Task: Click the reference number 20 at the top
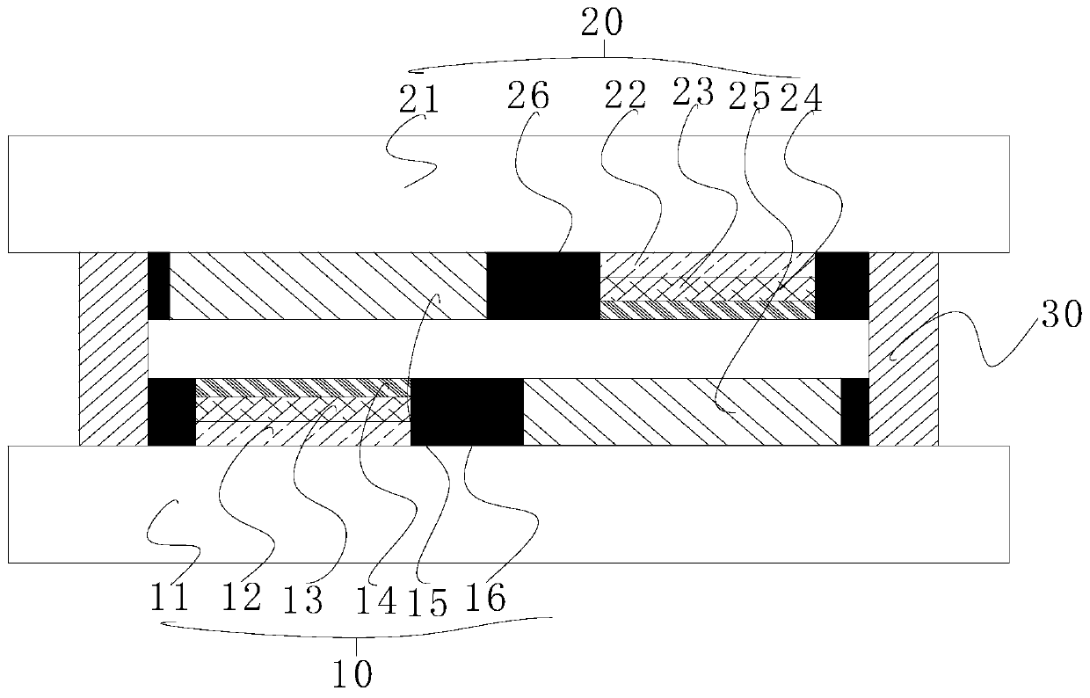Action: (603, 24)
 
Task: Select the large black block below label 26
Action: (542, 286)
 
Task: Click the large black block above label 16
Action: (467, 411)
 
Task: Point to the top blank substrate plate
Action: (508, 194)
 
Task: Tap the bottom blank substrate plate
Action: (508, 504)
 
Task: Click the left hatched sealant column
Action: (113, 349)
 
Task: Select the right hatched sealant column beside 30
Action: (904, 349)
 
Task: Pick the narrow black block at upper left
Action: (158, 286)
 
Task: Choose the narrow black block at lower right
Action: (854, 411)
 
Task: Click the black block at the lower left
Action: (171, 411)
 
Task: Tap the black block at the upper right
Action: (842, 286)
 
